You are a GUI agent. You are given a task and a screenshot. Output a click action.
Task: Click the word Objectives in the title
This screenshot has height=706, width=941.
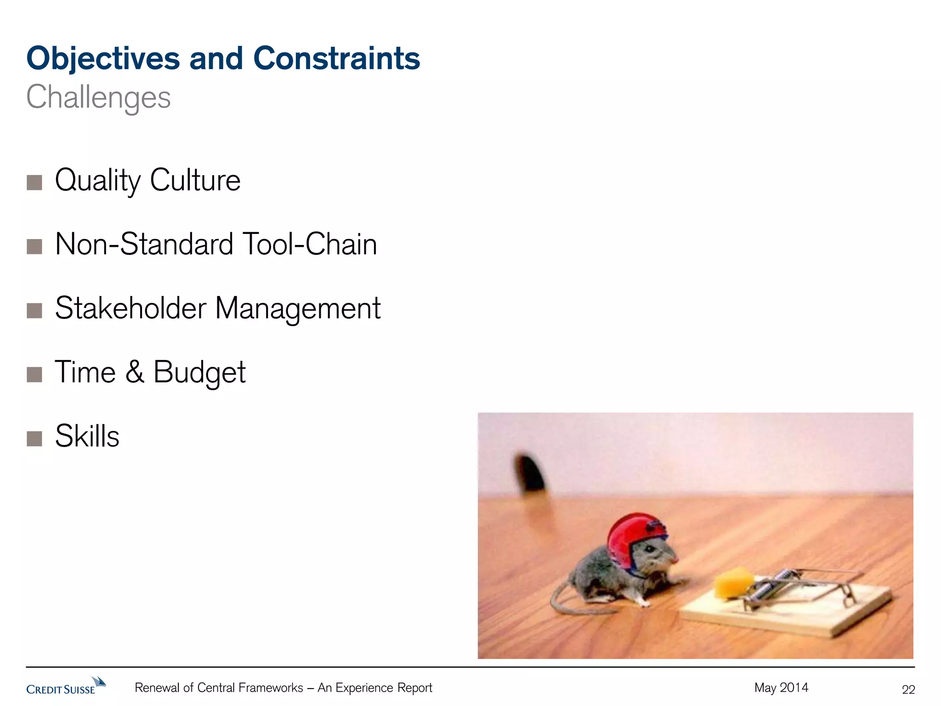[103, 59]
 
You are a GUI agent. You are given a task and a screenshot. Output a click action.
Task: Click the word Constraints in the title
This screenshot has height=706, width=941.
[336, 59]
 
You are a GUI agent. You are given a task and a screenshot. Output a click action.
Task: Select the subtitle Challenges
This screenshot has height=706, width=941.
[98, 98]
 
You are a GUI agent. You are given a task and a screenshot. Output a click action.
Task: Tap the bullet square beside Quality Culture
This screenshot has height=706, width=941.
[34, 182]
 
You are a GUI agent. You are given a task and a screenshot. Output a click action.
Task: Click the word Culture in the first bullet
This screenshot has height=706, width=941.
[195, 180]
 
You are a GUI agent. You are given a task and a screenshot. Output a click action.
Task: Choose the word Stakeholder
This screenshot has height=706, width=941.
[130, 308]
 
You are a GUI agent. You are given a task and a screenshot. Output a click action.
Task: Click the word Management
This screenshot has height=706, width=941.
[298, 309]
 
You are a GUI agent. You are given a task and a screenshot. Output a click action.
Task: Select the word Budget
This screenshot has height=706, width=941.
[199, 372]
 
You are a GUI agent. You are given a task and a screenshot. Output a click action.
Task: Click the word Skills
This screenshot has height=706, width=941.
[87, 436]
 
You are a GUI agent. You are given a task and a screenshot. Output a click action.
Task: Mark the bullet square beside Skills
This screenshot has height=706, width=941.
[34, 438]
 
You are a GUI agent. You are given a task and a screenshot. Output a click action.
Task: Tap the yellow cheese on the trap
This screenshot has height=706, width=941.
[733, 583]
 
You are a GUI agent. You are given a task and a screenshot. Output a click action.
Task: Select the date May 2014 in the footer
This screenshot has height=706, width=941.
[781, 688]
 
